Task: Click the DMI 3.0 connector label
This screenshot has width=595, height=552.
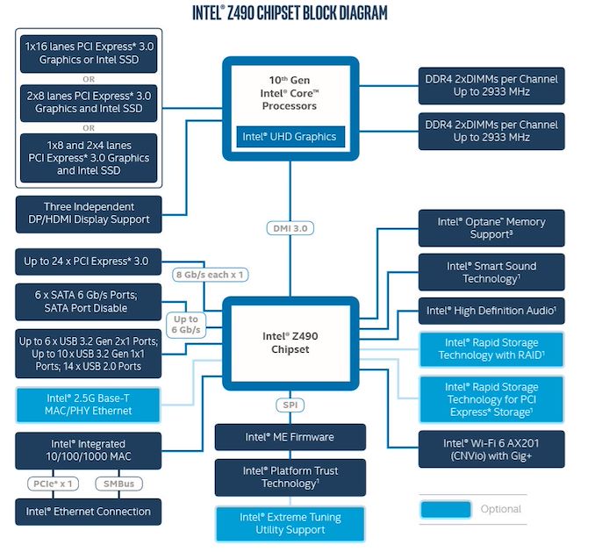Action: [x=290, y=228]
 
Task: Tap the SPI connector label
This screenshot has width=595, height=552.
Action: [x=290, y=405]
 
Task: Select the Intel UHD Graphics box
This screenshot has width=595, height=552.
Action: [x=290, y=137]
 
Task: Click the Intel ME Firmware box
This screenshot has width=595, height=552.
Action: [x=290, y=437]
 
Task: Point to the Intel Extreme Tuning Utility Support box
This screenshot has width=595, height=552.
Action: [x=290, y=524]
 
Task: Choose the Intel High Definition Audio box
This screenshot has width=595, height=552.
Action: [x=491, y=311]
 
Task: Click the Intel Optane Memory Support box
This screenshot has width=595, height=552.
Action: [x=491, y=228]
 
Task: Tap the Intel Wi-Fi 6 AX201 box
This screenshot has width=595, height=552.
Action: [x=491, y=449]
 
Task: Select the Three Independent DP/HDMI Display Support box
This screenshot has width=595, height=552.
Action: [x=89, y=214]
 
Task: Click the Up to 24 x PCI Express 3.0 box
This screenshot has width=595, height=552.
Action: [x=89, y=262]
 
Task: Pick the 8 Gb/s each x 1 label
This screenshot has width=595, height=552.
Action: [x=211, y=275]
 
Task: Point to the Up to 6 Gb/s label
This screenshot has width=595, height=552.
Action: [x=186, y=325]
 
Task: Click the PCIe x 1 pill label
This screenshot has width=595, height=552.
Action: [x=54, y=484]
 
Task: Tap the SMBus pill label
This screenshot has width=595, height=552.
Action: [x=118, y=484]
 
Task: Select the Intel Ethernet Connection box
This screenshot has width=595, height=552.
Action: [x=89, y=512]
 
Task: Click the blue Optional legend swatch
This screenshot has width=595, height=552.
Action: [x=446, y=509]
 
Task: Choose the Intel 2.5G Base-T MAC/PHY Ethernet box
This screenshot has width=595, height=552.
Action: [x=89, y=405]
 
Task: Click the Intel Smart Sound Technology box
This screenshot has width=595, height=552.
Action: [x=491, y=272]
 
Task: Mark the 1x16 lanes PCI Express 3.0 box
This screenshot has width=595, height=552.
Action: [x=89, y=54]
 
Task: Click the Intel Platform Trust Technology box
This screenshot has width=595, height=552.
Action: [x=290, y=477]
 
